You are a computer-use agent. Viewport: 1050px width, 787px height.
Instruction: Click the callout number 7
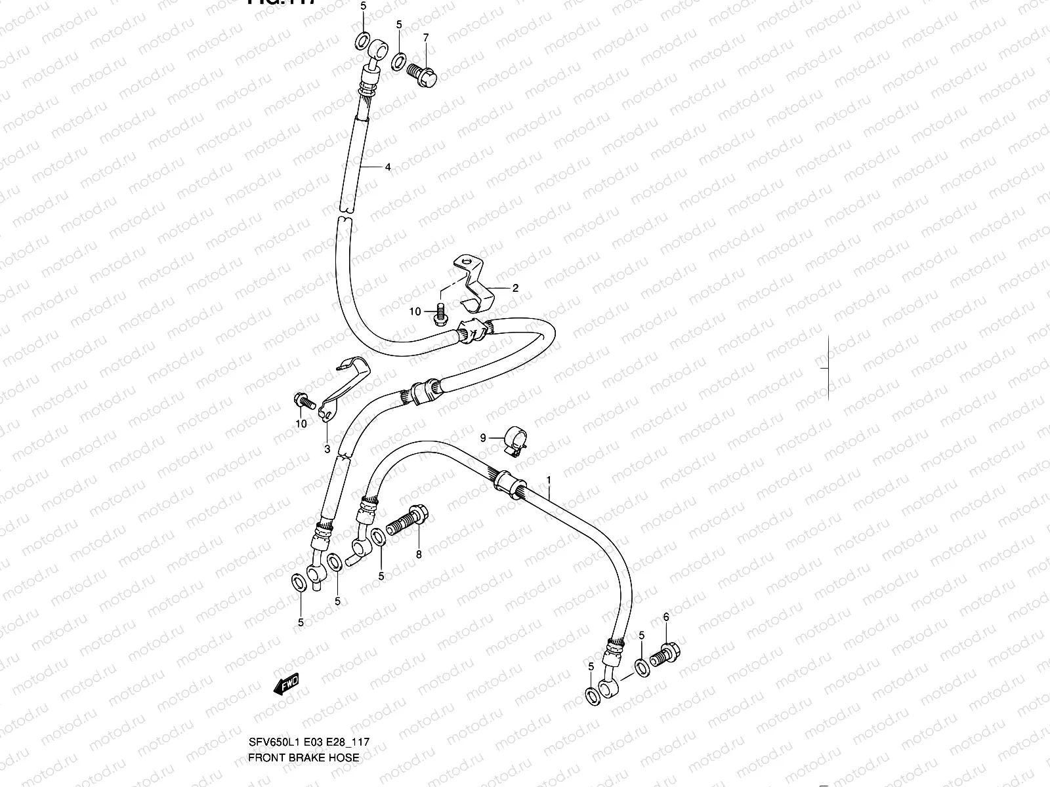coord(425,37)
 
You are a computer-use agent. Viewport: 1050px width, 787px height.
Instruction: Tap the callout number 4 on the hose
coord(388,167)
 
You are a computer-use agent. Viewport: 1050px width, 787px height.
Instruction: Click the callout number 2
coord(515,287)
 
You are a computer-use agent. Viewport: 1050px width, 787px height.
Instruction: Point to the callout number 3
coord(327,449)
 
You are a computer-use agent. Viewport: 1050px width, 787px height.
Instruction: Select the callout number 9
coord(483,437)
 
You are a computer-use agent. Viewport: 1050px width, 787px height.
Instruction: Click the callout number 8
coord(419,554)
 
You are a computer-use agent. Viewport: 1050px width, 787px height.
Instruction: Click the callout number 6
coord(666,616)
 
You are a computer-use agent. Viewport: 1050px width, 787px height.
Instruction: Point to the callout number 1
coord(549,481)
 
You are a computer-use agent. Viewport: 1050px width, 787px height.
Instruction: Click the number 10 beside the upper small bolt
coord(415,312)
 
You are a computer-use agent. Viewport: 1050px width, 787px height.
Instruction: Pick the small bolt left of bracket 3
coord(303,399)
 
